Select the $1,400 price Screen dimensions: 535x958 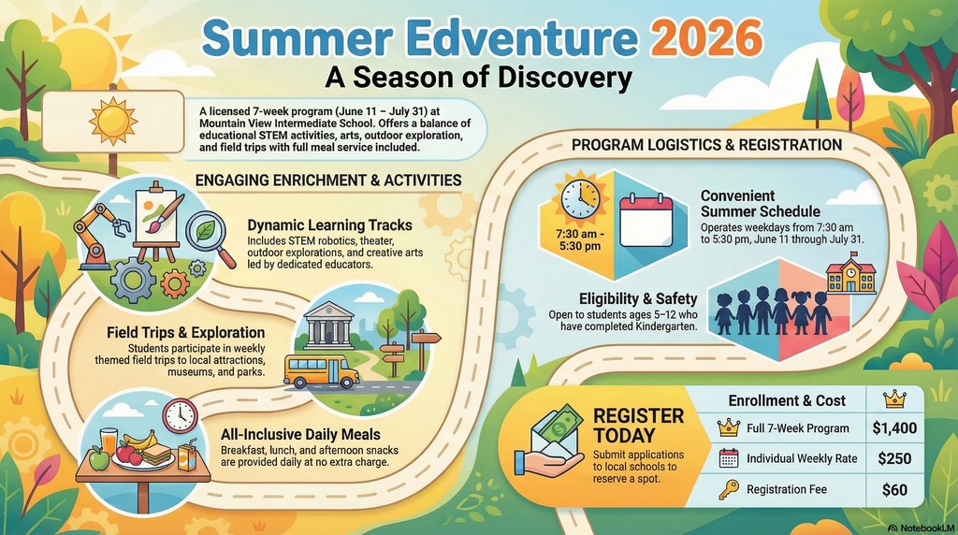pyautogui.click(x=893, y=428)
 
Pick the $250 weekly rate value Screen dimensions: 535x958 pyautogui.click(x=893, y=458)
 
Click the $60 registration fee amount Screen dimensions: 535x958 pyautogui.click(x=893, y=488)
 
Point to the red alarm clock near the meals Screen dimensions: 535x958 pyautogui.click(x=180, y=415)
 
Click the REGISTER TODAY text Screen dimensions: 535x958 pyautogui.click(x=638, y=427)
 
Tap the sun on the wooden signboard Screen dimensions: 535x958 pyautogui.click(x=112, y=119)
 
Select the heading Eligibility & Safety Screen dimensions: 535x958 pyautogui.click(x=638, y=298)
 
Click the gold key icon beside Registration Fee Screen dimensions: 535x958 pyautogui.click(x=729, y=488)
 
